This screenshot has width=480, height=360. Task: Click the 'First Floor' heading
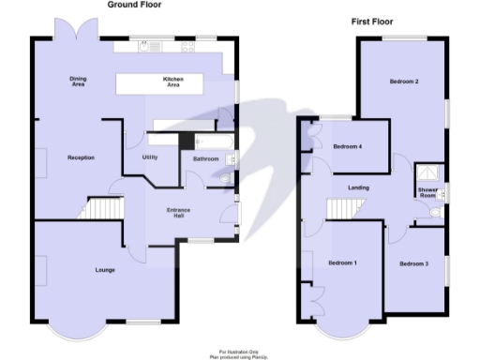point(372,22)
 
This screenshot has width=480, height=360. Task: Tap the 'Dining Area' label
point(79,82)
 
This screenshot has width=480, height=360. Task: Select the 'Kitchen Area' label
point(172,82)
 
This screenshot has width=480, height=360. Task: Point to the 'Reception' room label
point(81,157)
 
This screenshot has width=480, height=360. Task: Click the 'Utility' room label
point(149,157)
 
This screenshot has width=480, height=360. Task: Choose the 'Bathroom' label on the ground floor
point(205,159)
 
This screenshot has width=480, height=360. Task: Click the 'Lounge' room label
point(105,271)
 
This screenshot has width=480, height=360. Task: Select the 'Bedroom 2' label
point(404,82)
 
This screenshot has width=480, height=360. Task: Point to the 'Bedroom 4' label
point(347,146)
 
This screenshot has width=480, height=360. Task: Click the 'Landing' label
point(358,188)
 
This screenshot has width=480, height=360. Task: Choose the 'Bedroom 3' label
point(413,263)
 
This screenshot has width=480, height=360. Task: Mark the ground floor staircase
point(105,208)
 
